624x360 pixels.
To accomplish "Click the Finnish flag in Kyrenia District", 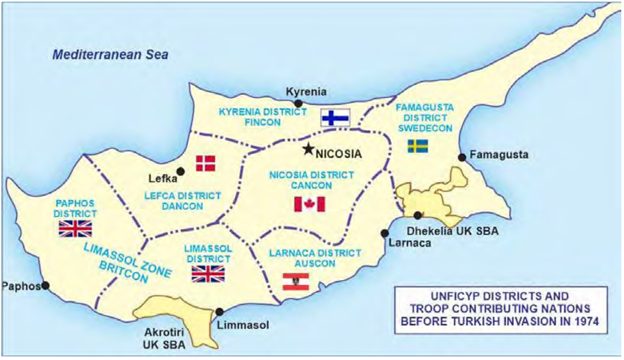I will (x=335, y=118).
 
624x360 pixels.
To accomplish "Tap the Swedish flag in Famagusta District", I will (x=418, y=146).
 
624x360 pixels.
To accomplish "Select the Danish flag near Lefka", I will (x=206, y=163).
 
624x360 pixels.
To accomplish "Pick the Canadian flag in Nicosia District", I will (x=310, y=204).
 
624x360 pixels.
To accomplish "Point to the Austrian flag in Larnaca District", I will (x=296, y=282).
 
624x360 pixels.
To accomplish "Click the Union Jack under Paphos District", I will (x=75, y=229).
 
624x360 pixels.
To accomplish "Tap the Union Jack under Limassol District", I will (x=208, y=274).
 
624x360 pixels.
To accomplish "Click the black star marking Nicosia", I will (x=309, y=149).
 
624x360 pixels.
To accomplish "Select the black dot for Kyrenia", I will (x=298, y=104).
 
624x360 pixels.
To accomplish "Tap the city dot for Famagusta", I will (x=462, y=157).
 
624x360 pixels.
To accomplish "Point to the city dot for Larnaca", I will (x=384, y=233).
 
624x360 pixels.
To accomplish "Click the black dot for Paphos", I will (x=45, y=286).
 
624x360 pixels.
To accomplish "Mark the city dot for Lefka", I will (x=180, y=171).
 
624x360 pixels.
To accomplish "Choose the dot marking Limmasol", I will (x=220, y=312).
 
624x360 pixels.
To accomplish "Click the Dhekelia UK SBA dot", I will (x=418, y=215).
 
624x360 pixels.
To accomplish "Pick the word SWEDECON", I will (x=424, y=128).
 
